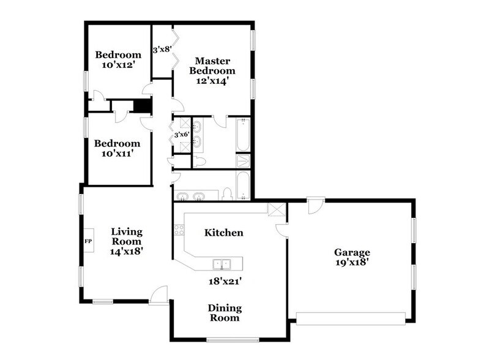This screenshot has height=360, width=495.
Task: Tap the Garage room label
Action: [352, 252]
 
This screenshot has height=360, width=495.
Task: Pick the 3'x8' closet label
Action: [162, 49]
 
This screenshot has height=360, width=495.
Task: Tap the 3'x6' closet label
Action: [182, 134]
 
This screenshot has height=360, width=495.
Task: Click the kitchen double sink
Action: [221, 264]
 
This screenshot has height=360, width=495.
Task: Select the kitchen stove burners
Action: [179, 230]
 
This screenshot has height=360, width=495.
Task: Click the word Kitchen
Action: [224, 233]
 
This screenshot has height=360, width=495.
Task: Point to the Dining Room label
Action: [224, 313]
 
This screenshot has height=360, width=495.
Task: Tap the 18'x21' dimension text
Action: [223, 281]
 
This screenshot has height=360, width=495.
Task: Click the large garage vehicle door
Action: [351, 317]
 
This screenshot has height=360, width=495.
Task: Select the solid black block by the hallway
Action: [142, 106]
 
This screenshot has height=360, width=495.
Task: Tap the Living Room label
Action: [127, 241]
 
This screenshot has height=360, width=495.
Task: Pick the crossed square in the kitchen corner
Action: [277, 209]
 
